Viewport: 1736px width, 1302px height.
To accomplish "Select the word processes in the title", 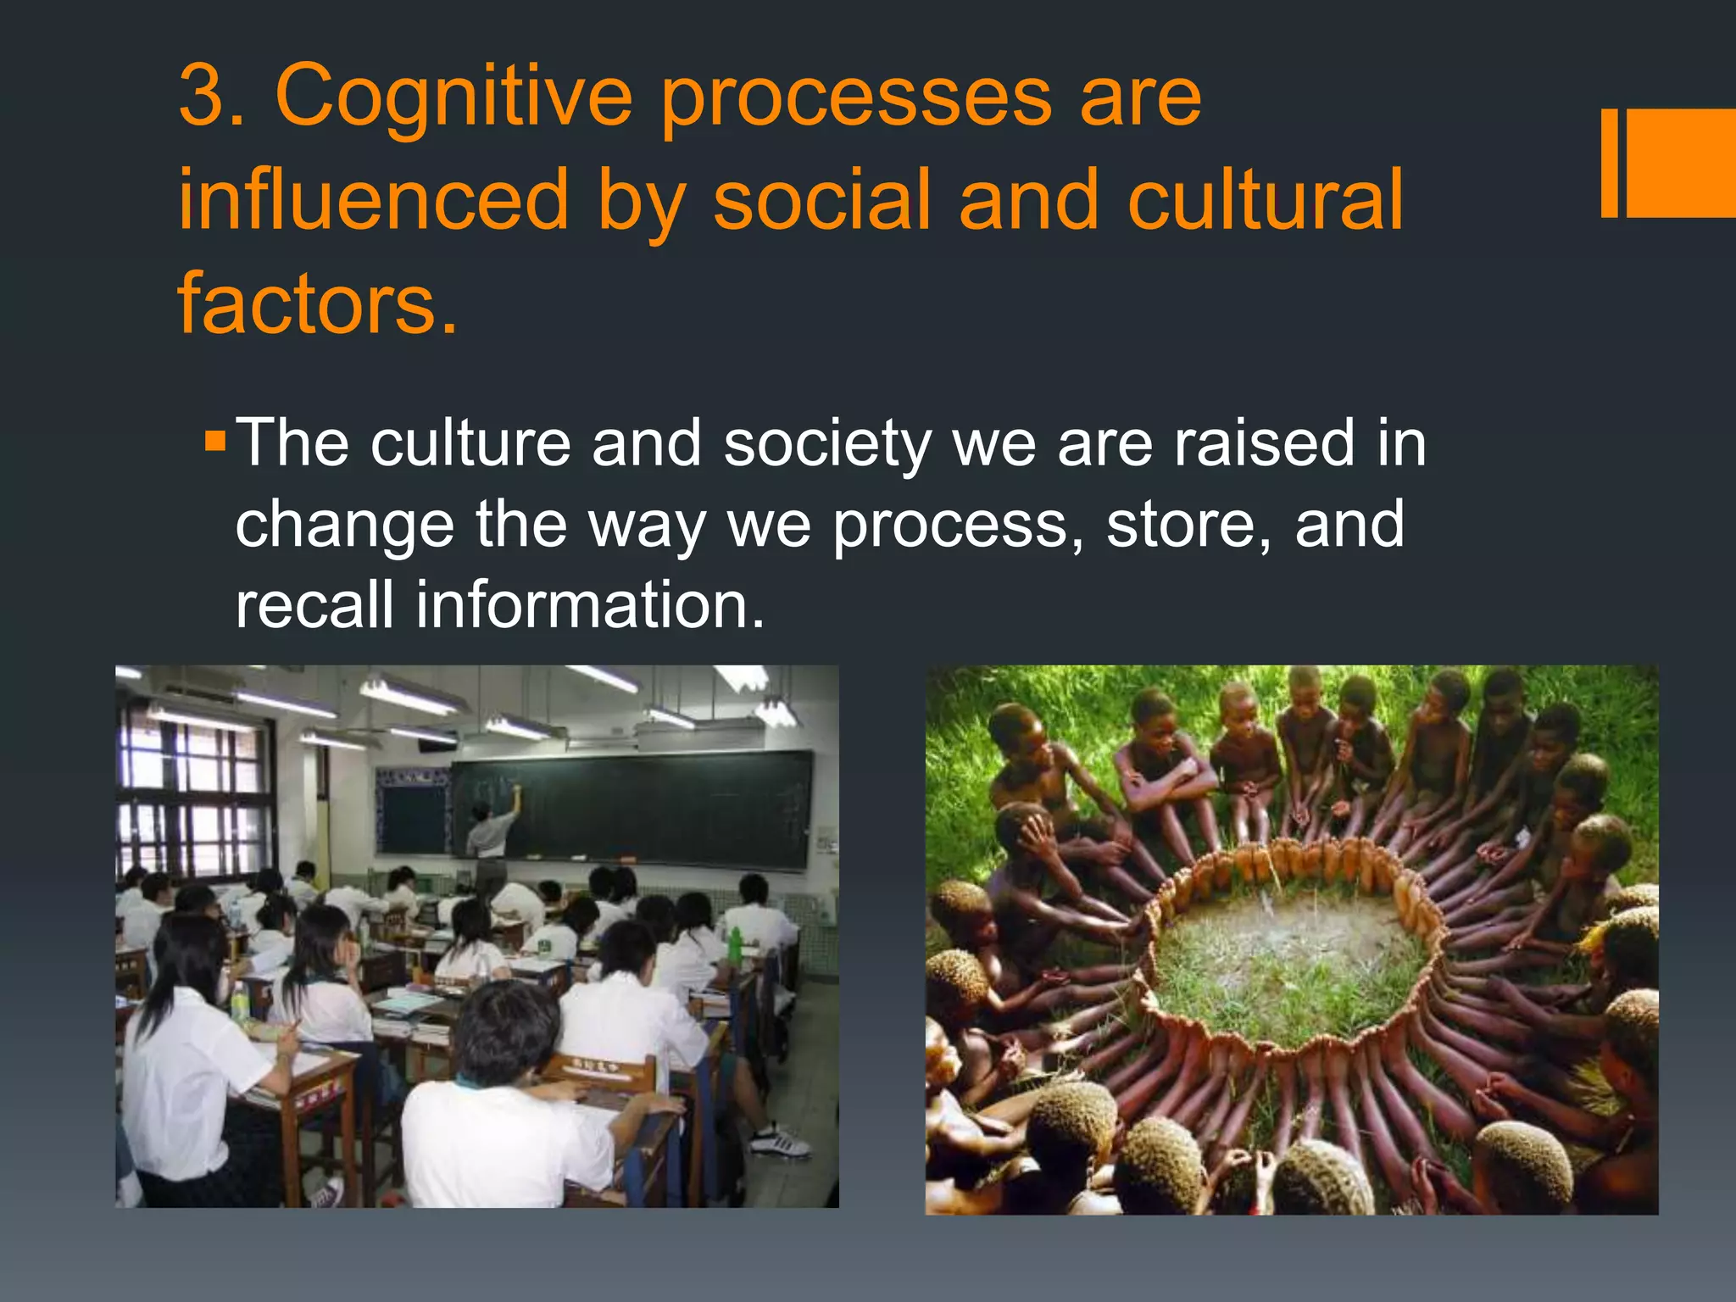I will tap(856, 100).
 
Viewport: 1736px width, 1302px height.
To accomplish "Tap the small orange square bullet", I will tap(215, 441).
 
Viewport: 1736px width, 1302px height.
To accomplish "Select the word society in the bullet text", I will tap(826, 444).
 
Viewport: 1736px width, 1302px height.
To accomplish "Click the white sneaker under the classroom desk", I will tap(780, 1140).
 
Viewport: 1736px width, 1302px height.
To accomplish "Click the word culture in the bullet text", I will tap(470, 444).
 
